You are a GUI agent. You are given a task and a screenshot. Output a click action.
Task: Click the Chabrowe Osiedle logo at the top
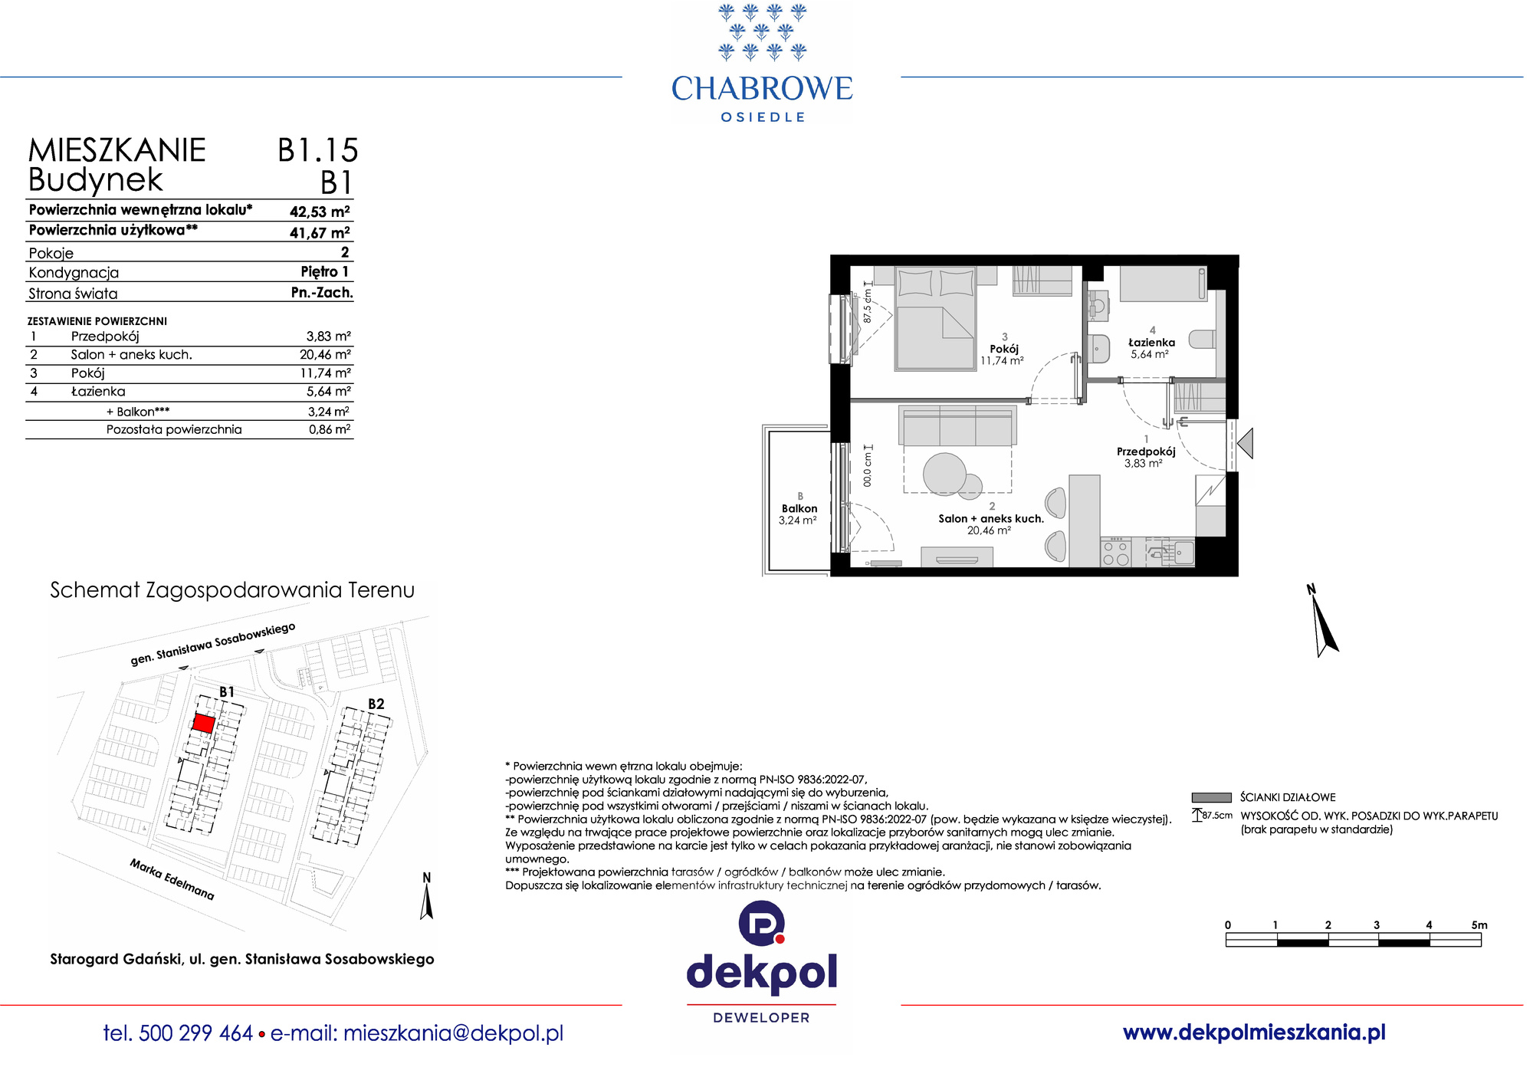click(762, 63)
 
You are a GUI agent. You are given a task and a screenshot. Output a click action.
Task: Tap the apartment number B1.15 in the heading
click(318, 150)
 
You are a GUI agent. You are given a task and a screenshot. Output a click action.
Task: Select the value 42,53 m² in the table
click(320, 212)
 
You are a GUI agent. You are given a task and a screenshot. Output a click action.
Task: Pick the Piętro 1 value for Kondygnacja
click(325, 272)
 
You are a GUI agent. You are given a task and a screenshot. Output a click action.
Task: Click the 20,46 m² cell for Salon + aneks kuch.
click(325, 354)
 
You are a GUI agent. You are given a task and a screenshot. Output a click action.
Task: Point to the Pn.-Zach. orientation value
click(322, 293)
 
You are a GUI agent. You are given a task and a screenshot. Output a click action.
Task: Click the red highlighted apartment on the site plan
click(203, 723)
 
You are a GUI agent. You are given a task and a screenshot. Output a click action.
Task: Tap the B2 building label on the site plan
click(376, 704)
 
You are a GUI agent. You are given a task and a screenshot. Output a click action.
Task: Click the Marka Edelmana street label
click(172, 879)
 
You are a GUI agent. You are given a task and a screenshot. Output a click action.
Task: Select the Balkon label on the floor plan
click(799, 508)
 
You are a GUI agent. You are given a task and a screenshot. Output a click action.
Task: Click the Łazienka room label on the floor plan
click(1151, 343)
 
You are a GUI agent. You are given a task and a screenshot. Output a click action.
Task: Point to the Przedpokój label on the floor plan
click(1146, 451)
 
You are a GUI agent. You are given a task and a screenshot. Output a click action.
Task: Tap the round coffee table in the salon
click(945, 474)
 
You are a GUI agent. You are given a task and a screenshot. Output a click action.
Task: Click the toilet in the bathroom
click(1202, 339)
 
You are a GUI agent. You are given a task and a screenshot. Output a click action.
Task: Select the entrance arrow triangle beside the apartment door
click(1246, 443)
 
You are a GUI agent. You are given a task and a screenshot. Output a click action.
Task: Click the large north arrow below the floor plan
click(1324, 622)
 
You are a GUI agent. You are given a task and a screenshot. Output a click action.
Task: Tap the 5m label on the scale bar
click(1479, 925)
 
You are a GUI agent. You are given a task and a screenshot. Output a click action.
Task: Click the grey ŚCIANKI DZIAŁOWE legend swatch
click(1211, 797)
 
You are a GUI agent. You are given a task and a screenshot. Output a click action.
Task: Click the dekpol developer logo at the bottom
click(762, 963)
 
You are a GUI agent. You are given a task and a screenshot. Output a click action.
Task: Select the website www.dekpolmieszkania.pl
click(1254, 1033)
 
